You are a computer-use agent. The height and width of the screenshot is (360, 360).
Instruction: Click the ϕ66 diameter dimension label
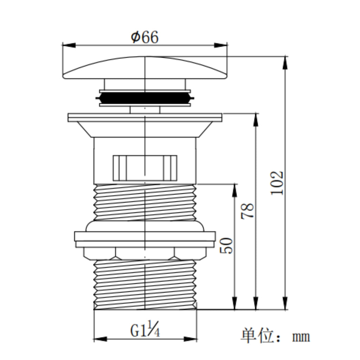(x=144, y=37)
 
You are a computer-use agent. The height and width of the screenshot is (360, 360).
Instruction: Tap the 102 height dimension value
(x=277, y=183)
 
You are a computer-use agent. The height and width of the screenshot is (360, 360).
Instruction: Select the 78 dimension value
(x=247, y=211)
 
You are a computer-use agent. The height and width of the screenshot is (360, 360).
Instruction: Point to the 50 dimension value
(x=226, y=246)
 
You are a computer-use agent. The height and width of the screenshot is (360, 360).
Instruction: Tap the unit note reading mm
(x=301, y=337)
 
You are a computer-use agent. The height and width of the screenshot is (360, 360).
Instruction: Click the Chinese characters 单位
(x=257, y=336)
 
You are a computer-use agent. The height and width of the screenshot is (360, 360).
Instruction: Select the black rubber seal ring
(x=145, y=98)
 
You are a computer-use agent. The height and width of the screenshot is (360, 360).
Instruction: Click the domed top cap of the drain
(x=145, y=68)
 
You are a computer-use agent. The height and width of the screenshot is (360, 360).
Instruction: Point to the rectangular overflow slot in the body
(x=145, y=168)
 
